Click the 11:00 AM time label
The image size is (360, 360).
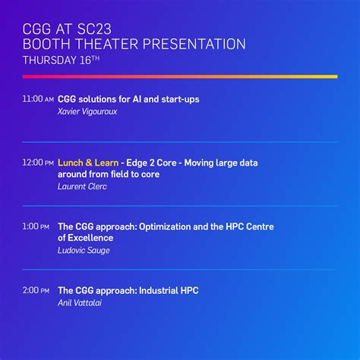click(x=38, y=99)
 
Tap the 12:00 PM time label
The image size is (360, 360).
click(x=38, y=163)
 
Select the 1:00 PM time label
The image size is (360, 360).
click(x=36, y=226)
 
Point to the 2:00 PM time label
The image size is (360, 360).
click(x=36, y=290)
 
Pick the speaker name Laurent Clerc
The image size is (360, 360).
click(x=82, y=186)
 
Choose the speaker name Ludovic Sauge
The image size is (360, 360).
click(x=84, y=250)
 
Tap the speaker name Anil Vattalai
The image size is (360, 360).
click(x=80, y=302)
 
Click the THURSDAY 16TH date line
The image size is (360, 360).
click(x=62, y=61)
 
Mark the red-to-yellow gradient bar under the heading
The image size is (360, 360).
click(x=179, y=77)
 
